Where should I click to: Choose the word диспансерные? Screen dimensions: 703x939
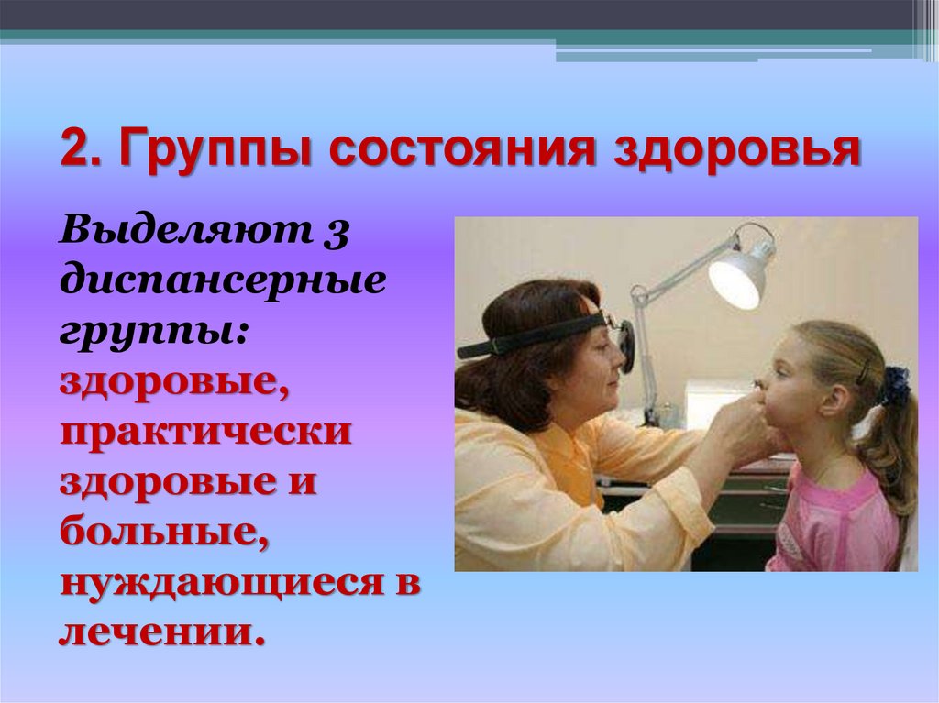coord(223,281)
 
